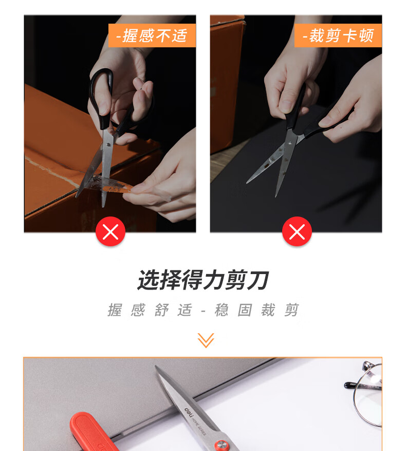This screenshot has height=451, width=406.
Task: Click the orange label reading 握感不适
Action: point(152,35)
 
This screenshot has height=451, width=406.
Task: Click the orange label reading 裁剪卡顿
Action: point(338,35)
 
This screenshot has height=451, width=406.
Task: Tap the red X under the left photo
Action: point(110,231)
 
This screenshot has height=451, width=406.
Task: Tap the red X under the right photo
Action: point(297,231)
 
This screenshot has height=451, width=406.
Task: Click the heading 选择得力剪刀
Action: point(203,280)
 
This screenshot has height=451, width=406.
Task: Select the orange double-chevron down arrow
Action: point(206,340)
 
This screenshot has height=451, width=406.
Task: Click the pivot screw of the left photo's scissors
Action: point(108,145)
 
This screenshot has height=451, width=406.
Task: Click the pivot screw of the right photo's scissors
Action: point(290,142)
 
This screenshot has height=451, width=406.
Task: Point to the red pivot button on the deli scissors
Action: point(222,445)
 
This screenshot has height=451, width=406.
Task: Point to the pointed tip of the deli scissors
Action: point(156,367)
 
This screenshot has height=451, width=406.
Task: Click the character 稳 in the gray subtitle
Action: point(222,310)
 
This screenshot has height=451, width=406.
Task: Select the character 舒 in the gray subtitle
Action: point(161,310)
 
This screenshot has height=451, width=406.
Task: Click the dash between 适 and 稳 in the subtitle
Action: point(204,311)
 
